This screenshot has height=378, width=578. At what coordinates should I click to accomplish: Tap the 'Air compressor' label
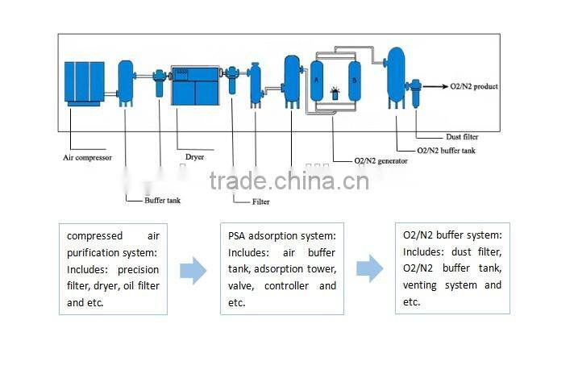pos(87,158)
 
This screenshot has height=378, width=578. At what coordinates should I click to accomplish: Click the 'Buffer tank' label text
pos(162,200)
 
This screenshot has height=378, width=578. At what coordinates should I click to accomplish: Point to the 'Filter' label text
pos(260,201)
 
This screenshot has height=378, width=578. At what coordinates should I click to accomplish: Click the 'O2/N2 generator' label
pos(381,160)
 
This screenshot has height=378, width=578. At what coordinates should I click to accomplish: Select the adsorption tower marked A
pos(317,81)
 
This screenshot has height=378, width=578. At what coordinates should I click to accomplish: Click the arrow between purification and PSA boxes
pos(193,269)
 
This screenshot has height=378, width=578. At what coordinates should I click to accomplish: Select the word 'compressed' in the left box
pos(94,236)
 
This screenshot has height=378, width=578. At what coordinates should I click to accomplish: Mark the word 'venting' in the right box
pos(422,285)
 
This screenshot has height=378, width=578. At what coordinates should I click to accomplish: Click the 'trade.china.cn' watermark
pos(289,181)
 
